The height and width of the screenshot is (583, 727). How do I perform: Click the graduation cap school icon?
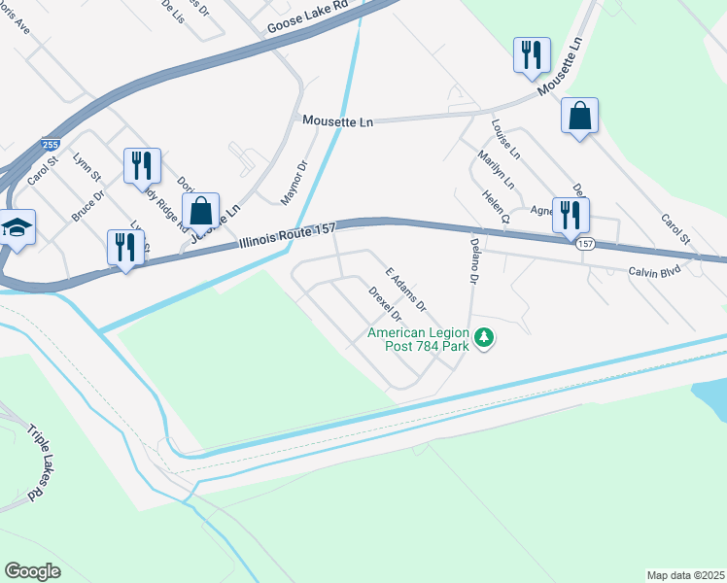17,227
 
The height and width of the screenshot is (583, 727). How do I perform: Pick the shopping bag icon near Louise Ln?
579,116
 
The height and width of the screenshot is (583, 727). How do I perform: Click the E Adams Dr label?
406,290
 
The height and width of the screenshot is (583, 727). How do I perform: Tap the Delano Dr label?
475,263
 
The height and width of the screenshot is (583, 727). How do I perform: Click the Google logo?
33,570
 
